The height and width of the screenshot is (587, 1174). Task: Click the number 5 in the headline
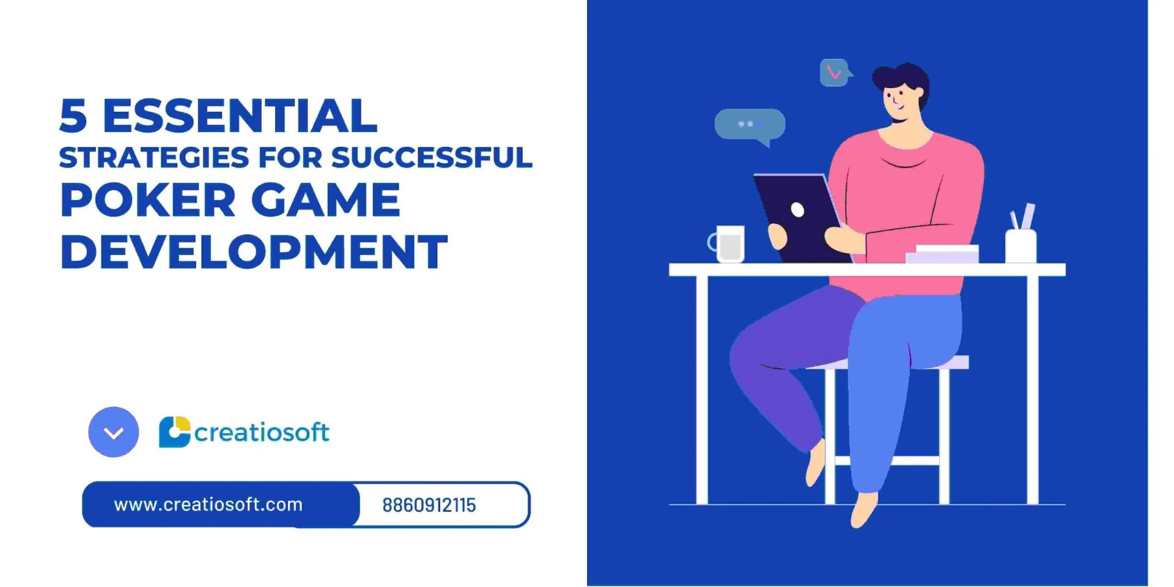point(73,116)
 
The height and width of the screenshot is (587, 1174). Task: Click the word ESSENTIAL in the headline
point(240,116)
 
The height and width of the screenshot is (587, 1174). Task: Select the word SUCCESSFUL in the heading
point(432,158)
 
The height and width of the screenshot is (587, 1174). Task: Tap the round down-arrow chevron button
point(114,432)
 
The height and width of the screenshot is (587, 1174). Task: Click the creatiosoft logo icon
point(174,432)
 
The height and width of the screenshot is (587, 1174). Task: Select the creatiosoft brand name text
point(262,432)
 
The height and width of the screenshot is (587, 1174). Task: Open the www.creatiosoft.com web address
point(209,505)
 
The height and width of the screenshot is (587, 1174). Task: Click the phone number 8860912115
point(429,506)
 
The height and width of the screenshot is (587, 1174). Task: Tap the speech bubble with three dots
point(750,124)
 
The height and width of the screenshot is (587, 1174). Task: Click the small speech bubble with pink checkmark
point(834,73)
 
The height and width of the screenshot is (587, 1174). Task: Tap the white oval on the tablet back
point(797,210)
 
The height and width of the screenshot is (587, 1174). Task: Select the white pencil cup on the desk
point(1021,246)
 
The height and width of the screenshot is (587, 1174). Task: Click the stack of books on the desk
point(942,254)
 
